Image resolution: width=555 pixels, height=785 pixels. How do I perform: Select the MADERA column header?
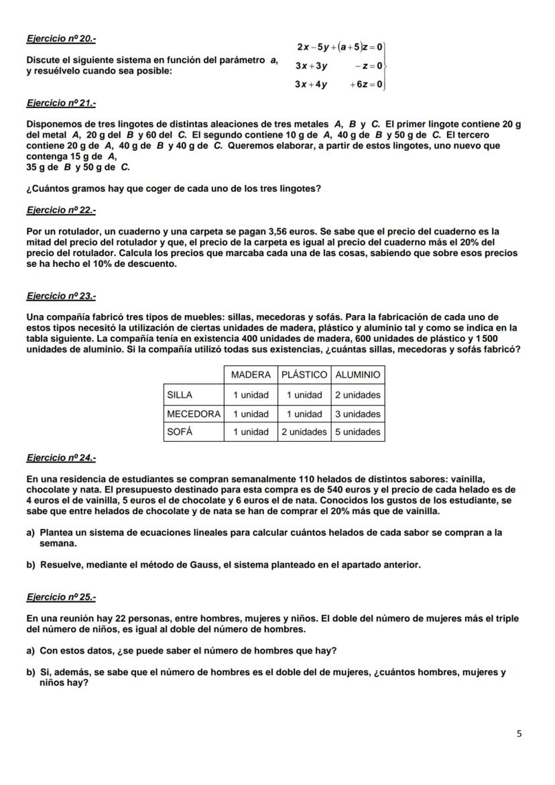click(x=251, y=375)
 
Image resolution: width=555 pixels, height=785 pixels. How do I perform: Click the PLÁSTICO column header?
click(x=304, y=375)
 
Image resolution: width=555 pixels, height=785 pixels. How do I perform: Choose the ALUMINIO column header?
click(x=357, y=375)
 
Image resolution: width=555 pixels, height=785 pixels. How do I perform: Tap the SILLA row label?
click(x=179, y=395)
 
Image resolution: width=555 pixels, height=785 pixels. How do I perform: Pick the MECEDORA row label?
click(x=193, y=414)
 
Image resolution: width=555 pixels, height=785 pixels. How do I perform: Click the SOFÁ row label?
click(x=179, y=432)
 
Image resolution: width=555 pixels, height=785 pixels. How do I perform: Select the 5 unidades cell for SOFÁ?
click(x=357, y=432)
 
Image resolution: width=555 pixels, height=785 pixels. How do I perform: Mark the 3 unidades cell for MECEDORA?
click(x=357, y=414)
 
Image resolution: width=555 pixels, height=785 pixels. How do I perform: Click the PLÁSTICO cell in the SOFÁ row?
click(x=304, y=432)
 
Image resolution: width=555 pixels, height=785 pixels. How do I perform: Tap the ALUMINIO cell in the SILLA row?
click(x=357, y=395)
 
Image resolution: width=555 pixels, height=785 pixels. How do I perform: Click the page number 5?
click(x=519, y=734)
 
